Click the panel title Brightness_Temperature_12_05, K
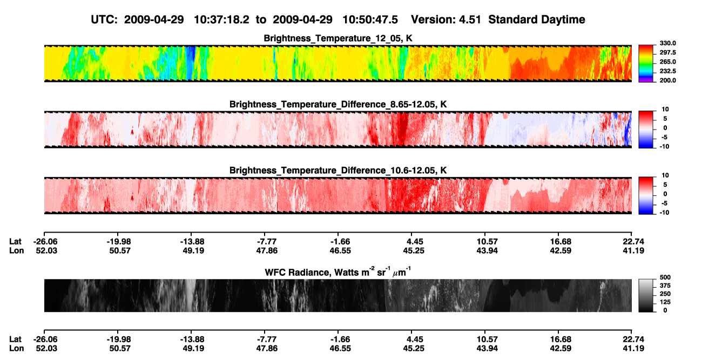point(338,38)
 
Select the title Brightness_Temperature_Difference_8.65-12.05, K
point(338,104)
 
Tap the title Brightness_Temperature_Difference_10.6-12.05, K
point(338,171)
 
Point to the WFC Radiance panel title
point(338,272)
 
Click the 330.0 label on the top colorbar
point(667,43)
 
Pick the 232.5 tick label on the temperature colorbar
point(667,71)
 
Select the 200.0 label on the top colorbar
point(667,80)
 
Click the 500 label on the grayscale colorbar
point(665,277)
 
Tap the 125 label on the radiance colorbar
point(665,302)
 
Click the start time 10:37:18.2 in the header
point(221,20)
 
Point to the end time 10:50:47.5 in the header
point(370,20)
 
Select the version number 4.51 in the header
point(470,20)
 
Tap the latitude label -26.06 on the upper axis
point(45,242)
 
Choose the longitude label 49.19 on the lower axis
point(193,349)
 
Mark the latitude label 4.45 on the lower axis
point(415,339)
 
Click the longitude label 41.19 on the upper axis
point(633,250)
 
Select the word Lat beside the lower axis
point(15,339)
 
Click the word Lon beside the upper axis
point(17,250)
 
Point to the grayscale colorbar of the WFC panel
point(646,295)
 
